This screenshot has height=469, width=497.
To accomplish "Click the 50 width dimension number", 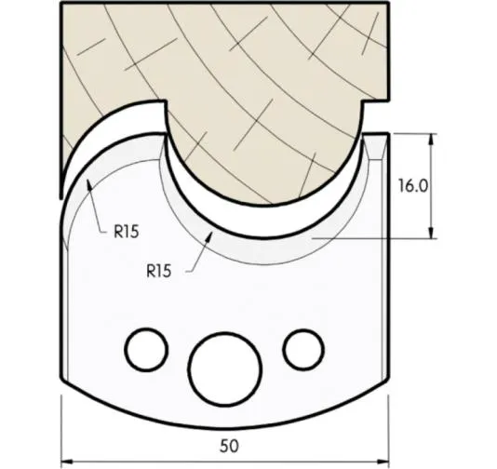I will (230, 445).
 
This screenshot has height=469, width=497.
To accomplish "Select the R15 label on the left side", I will (127, 233).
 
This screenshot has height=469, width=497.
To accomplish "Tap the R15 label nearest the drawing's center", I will (160, 271).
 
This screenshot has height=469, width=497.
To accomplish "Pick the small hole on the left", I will (142, 351).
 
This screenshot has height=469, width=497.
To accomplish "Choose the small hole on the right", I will (301, 349).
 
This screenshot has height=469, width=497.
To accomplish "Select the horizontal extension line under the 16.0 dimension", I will (372, 238).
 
